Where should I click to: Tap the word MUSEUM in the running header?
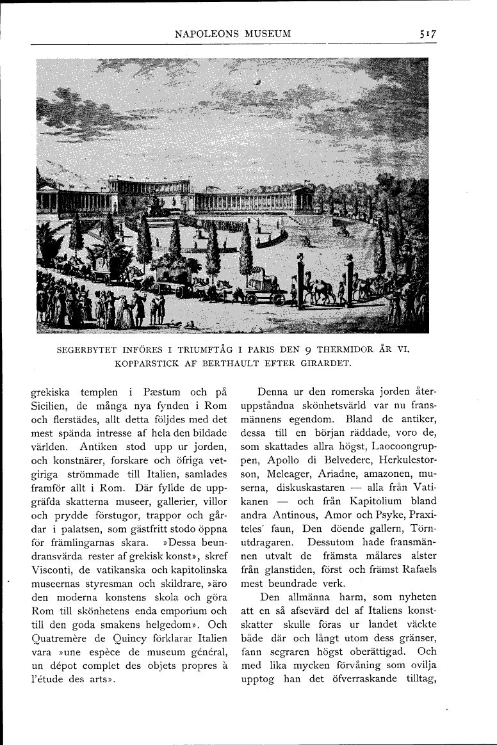pos(266,33)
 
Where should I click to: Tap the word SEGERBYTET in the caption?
pos(86,350)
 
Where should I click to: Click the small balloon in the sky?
pos(257,81)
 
